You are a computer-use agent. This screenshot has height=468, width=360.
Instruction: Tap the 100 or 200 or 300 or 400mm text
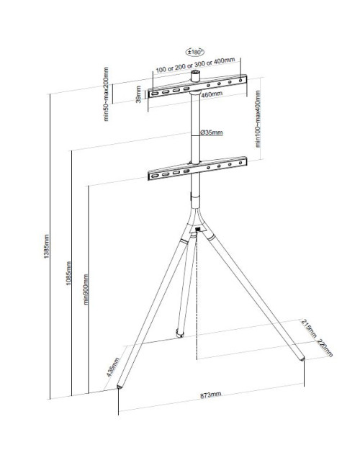(x=196, y=71)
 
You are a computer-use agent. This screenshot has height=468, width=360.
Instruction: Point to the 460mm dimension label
(x=211, y=94)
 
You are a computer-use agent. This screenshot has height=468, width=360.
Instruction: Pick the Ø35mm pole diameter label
(x=211, y=132)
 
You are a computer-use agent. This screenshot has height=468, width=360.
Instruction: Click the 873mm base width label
(x=212, y=395)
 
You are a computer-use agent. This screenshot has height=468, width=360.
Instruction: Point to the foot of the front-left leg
(x=120, y=386)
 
